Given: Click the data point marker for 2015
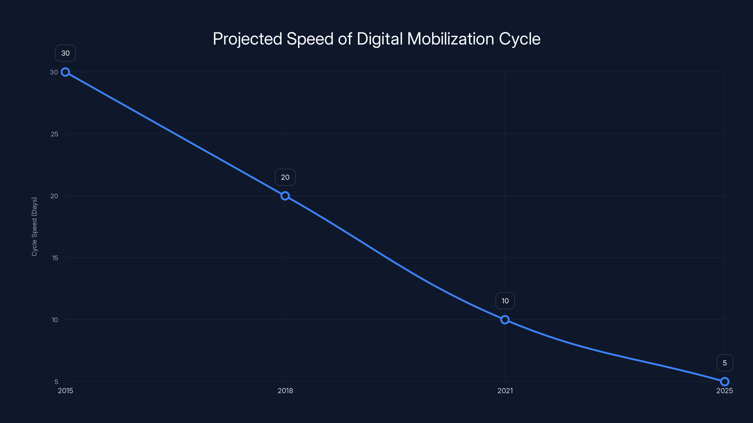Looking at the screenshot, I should pos(65,72).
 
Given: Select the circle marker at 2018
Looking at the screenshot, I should pos(285,196).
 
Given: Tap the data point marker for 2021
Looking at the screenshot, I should pos(505,320).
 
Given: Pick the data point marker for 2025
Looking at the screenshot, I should pos(725,382).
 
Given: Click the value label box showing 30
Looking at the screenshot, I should pos(65,53).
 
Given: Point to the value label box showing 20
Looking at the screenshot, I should pos(285,177).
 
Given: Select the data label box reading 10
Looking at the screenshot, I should pos(505,301).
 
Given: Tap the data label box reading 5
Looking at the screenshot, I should pos(725,363).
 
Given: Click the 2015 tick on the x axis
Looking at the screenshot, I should pos(65,391).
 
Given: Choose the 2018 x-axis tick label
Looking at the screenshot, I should pos(285,391).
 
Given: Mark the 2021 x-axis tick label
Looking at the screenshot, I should pos(505,391).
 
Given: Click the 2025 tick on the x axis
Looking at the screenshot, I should pos(724,391).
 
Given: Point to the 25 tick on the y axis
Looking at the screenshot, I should pos(54,134).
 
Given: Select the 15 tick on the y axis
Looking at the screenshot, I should pos(55,258).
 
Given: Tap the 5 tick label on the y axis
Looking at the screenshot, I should pos(56,382).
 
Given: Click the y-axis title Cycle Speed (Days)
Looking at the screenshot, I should pos(34,227).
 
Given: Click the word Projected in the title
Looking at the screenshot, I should pos(247,39).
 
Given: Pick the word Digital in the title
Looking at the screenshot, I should pos(379,39).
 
